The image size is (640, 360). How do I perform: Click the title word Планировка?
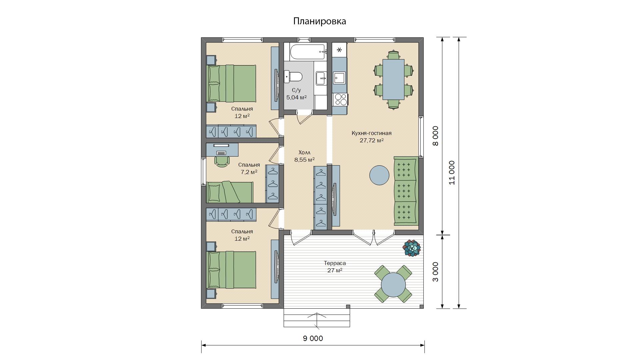319,21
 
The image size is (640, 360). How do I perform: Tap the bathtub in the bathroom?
307,52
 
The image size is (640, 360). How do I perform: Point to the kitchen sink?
340,78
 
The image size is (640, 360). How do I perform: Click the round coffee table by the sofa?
379,175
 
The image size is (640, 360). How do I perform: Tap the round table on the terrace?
393,284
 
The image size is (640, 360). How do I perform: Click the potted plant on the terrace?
412,248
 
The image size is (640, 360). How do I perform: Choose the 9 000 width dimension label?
313,339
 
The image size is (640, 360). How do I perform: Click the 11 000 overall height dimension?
452,173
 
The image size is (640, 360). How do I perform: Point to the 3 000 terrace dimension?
436,272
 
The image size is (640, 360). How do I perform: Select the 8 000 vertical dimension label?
436,136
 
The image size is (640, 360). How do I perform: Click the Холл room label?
305,153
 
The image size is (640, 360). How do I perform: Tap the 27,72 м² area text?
372,140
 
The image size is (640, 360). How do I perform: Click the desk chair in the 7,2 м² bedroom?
222,161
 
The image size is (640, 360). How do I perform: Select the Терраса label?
335,263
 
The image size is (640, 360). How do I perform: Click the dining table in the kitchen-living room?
393,79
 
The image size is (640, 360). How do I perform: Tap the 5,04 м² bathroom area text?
296,97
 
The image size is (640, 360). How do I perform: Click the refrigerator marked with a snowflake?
339,50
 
